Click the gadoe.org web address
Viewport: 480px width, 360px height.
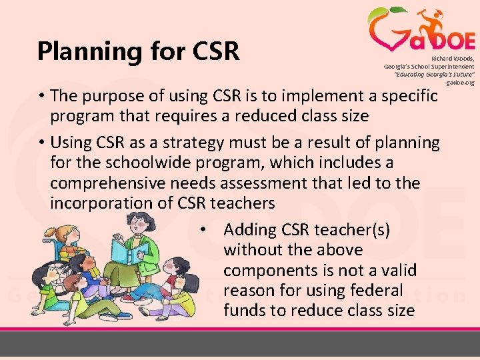click(462, 83)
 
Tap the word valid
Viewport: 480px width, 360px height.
click(399, 271)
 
